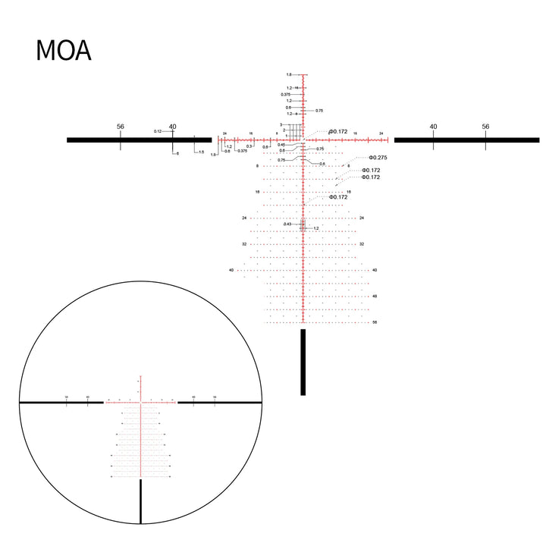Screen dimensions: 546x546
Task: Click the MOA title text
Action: pyautogui.click(x=64, y=51)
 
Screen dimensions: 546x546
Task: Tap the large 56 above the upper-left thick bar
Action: pyautogui.click(x=121, y=127)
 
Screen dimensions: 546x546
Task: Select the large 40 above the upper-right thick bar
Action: pyautogui.click(x=433, y=127)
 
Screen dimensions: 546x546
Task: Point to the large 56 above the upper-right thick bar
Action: pyautogui.click(x=485, y=127)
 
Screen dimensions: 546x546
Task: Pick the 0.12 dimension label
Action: pyautogui.click(x=158, y=131)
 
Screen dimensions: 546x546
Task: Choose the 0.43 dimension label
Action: pyautogui.click(x=287, y=224)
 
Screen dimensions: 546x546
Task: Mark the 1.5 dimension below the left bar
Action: pyautogui.click(x=201, y=152)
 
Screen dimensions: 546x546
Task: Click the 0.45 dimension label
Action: pyautogui.click(x=281, y=145)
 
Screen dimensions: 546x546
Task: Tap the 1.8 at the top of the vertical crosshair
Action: pyautogui.click(x=289, y=75)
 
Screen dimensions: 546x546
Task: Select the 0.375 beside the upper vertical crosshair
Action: pyautogui.click(x=285, y=94)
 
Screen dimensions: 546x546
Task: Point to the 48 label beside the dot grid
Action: pyautogui.click(x=374, y=296)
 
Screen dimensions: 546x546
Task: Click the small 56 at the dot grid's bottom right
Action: pyautogui.click(x=374, y=322)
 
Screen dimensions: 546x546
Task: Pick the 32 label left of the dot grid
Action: pyautogui.click(x=244, y=244)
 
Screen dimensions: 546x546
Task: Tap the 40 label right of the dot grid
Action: pyautogui.click(x=374, y=270)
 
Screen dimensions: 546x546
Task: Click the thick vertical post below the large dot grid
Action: pyautogui.click(x=303, y=362)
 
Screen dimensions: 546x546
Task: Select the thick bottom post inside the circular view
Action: pyautogui.click(x=141, y=501)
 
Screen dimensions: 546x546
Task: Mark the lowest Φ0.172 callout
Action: pyautogui.click(x=338, y=196)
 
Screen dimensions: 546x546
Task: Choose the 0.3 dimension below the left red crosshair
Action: pyautogui.click(x=249, y=146)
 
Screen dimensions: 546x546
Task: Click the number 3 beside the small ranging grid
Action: pyautogui.click(x=281, y=124)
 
